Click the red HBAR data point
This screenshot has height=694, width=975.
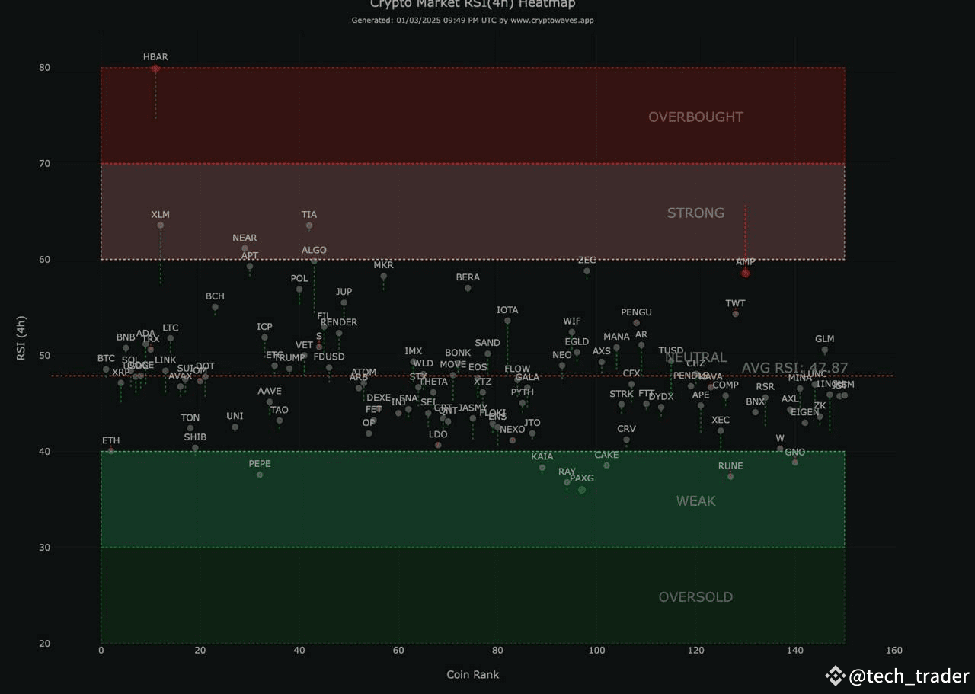coord(155,69)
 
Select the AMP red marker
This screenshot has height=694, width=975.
coord(746,273)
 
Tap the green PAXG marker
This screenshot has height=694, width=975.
coord(582,490)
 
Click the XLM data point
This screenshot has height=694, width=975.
coord(161,225)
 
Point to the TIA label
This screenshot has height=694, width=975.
coord(309,215)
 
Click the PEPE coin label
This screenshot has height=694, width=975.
coord(260,463)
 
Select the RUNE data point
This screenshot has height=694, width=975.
coord(730,476)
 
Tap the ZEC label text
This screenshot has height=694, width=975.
coord(587,261)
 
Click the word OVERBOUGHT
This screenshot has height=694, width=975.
coord(695,117)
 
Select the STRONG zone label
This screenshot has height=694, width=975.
coord(695,213)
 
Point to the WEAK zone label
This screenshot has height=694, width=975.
coord(695,501)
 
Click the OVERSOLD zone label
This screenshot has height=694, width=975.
coord(695,597)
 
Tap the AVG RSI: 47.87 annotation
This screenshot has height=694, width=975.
coord(794,368)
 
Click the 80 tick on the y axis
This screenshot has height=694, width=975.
coord(44,68)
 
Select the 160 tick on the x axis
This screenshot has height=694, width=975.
coord(894,650)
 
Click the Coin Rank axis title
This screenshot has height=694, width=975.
coord(472,674)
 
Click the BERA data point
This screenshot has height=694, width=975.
coord(468,288)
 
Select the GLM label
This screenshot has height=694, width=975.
coord(824,339)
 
